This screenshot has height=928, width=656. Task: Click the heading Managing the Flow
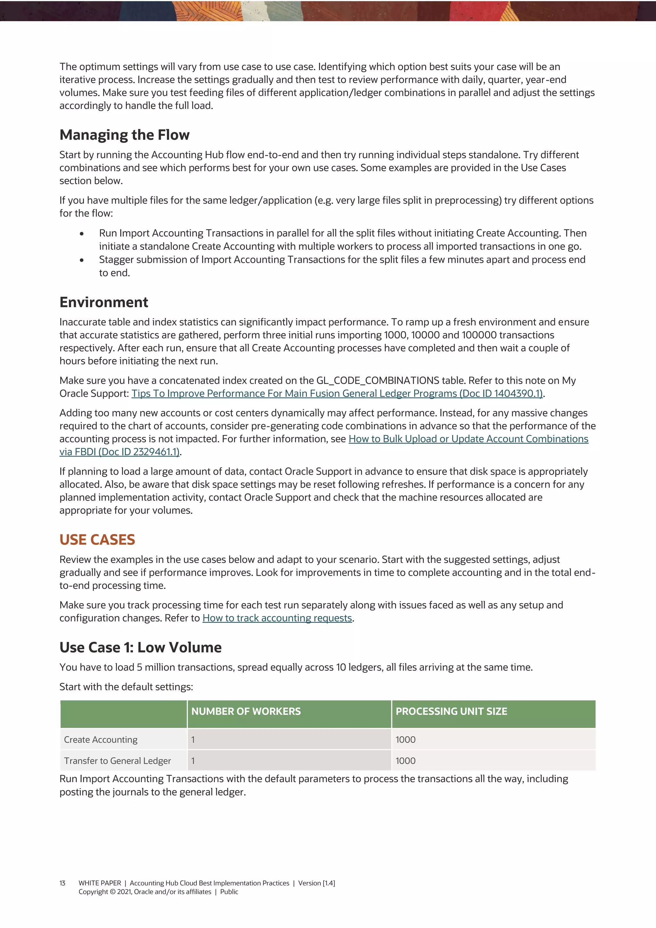tap(124, 135)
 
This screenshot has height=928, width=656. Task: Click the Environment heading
tap(104, 302)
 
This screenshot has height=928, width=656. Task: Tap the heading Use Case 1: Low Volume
tap(140, 648)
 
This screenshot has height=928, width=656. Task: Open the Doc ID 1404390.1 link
tap(337, 394)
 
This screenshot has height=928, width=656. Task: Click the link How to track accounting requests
tap(277, 618)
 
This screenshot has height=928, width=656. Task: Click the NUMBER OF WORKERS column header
tap(246, 711)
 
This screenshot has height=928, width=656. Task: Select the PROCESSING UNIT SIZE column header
tap(451, 711)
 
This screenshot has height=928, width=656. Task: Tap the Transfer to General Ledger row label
tap(117, 761)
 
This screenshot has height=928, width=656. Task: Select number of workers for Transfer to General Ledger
tap(193, 761)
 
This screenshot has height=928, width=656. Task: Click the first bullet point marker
tap(82, 234)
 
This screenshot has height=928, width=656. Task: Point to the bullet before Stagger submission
tap(82, 260)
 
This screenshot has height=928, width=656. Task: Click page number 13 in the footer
tap(62, 883)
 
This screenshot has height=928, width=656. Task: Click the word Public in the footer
tap(229, 892)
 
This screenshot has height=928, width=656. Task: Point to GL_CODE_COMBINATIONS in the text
tap(378, 381)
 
